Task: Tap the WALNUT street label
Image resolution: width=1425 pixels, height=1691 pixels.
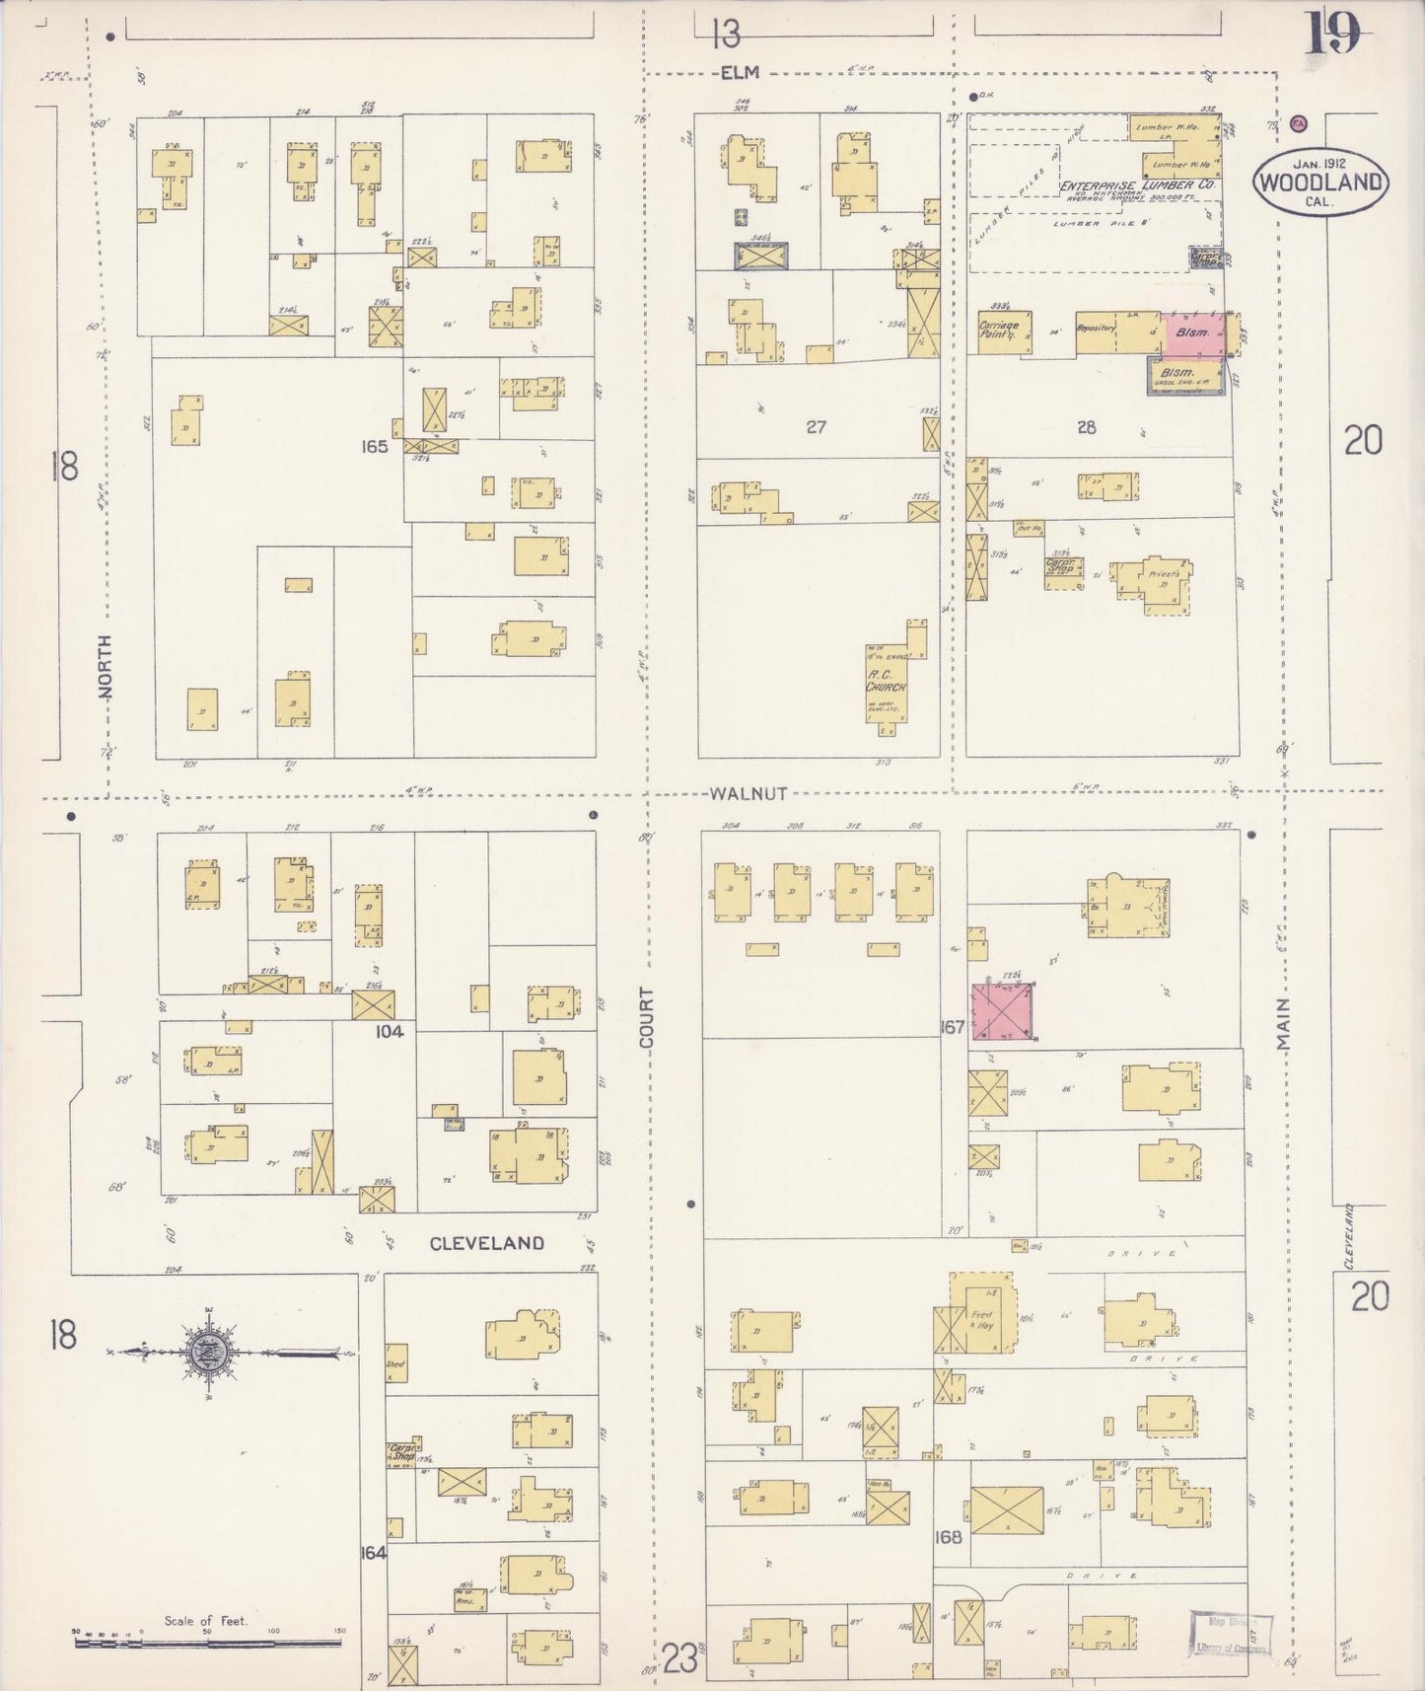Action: coord(748,793)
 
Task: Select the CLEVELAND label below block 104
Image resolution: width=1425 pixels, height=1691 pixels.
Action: coord(487,1242)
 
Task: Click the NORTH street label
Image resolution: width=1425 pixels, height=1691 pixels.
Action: coord(105,667)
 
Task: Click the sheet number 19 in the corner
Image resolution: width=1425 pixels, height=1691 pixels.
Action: coord(1333,34)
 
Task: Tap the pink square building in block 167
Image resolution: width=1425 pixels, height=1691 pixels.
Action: coord(1004,1011)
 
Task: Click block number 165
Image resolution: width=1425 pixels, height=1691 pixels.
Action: coord(375,446)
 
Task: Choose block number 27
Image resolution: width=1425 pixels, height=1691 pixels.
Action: coord(816,427)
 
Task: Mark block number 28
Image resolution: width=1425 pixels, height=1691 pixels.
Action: coord(1086,427)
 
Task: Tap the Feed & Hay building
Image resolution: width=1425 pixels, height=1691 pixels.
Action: coord(980,1319)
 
